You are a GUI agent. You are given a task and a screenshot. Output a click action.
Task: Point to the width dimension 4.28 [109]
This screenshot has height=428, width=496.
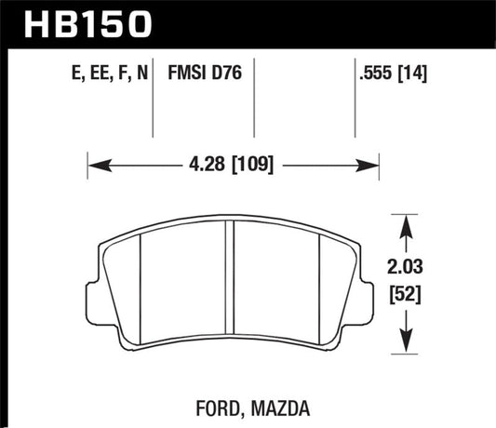coord(234,167)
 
